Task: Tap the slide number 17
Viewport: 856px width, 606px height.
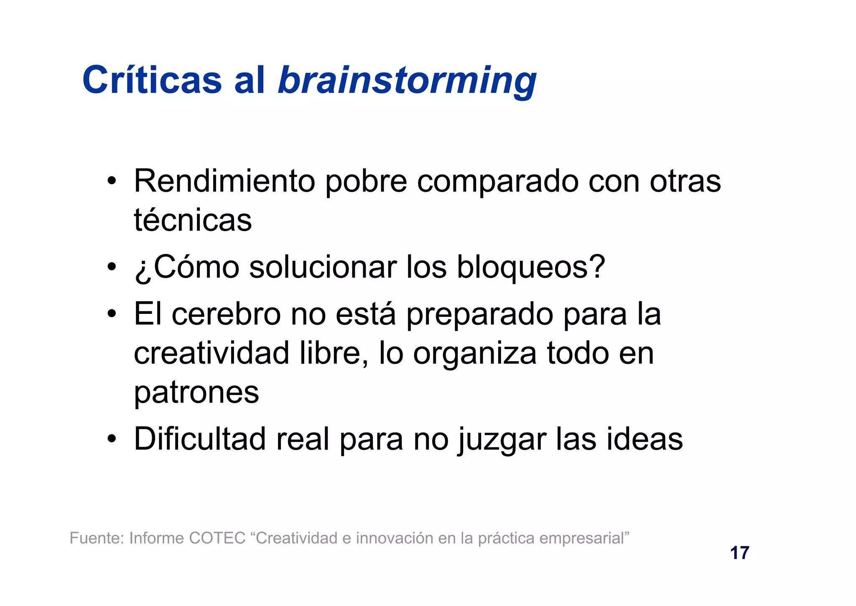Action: point(739,553)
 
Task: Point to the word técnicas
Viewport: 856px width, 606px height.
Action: point(193,220)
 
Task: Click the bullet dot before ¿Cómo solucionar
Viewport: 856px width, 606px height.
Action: point(111,267)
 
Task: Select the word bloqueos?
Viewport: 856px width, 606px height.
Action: point(531,267)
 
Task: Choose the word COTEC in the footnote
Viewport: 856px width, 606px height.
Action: point(217,538)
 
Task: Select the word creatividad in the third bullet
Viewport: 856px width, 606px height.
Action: point(211,353)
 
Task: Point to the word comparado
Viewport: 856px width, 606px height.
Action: point(497,182)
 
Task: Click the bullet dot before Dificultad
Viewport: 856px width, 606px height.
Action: point(111,439)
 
